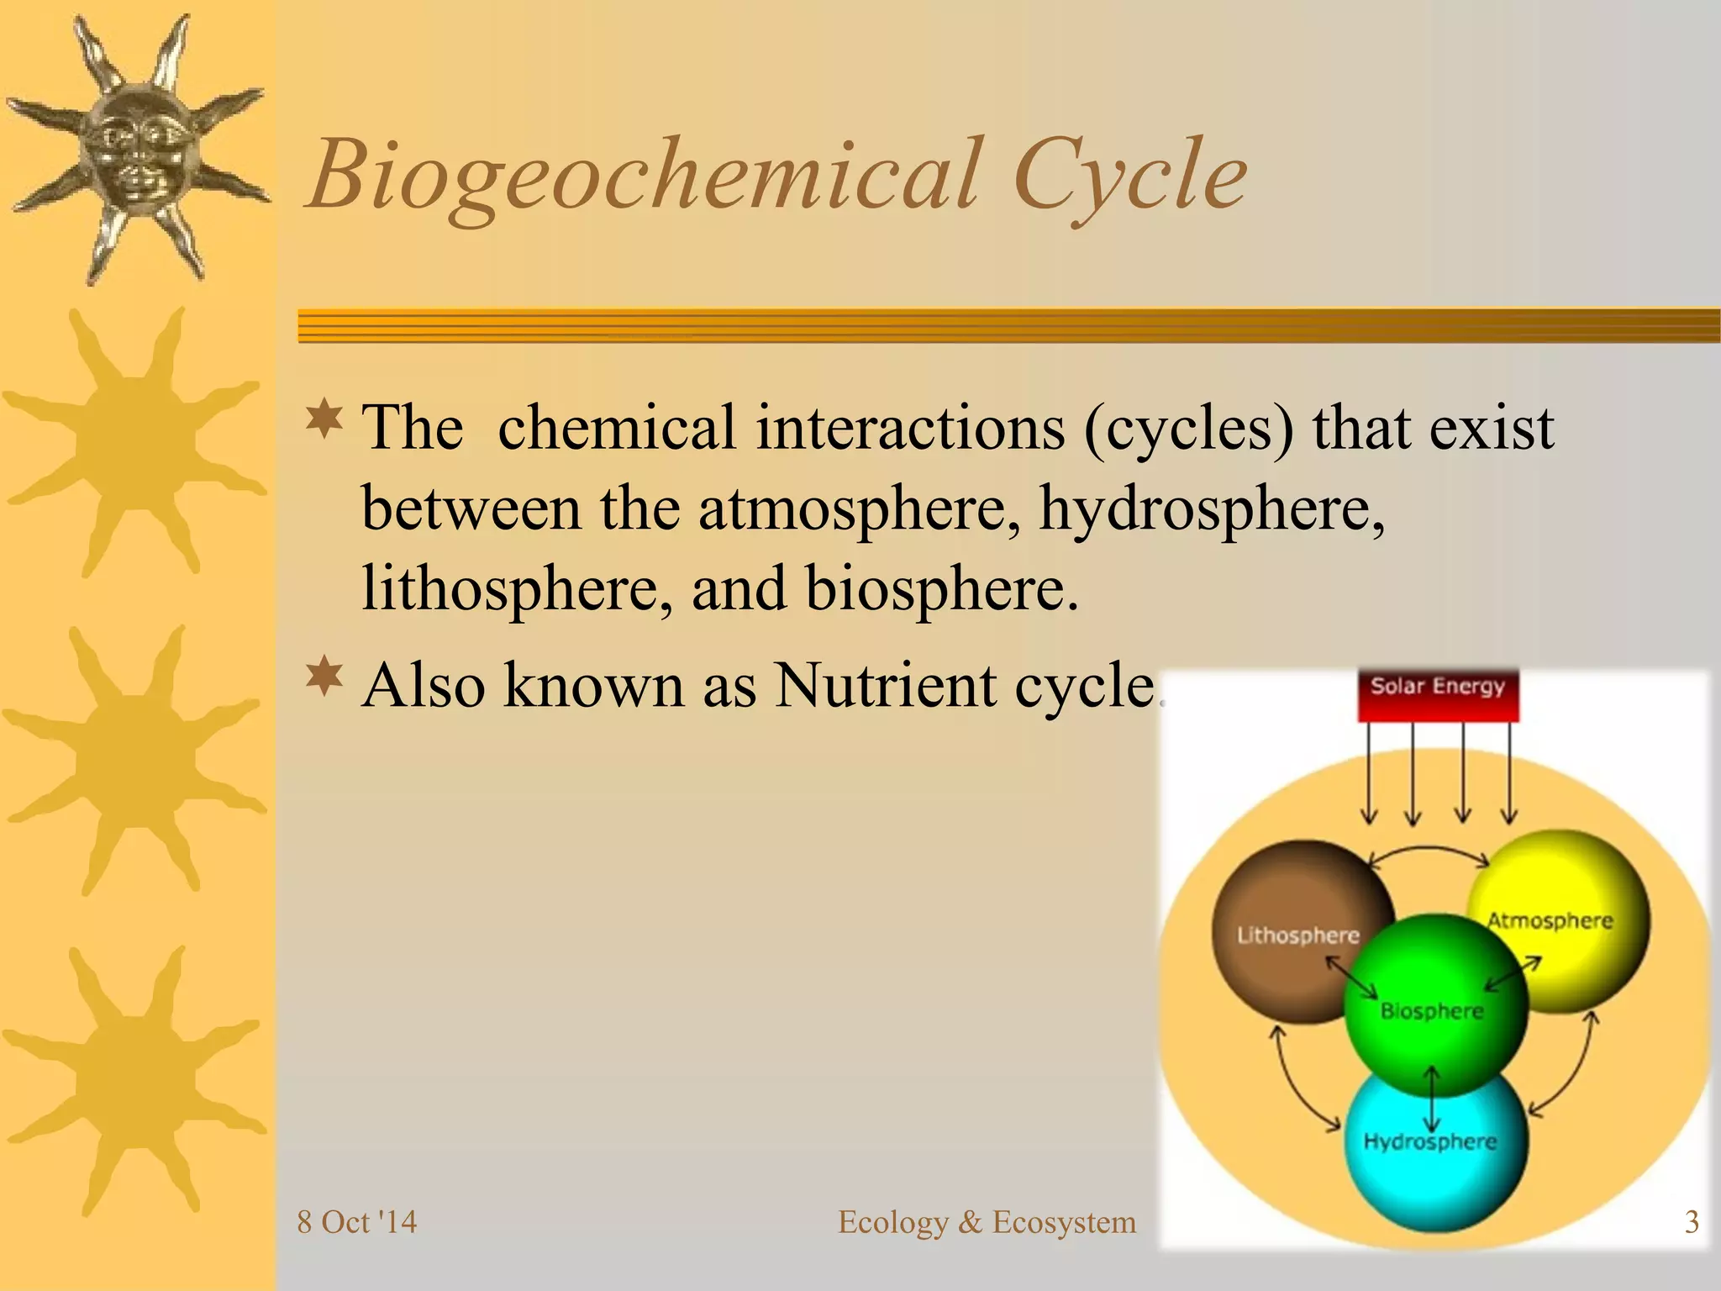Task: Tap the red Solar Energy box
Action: click(1438, 694)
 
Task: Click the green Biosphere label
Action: click(1432, 1011)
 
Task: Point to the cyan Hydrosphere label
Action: click(1429, 1142)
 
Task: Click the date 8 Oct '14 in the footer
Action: click(357, 1222)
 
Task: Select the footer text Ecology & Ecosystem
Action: click(987, 1222)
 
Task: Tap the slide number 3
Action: click(1692, 1222)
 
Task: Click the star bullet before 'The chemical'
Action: click(324, 419)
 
